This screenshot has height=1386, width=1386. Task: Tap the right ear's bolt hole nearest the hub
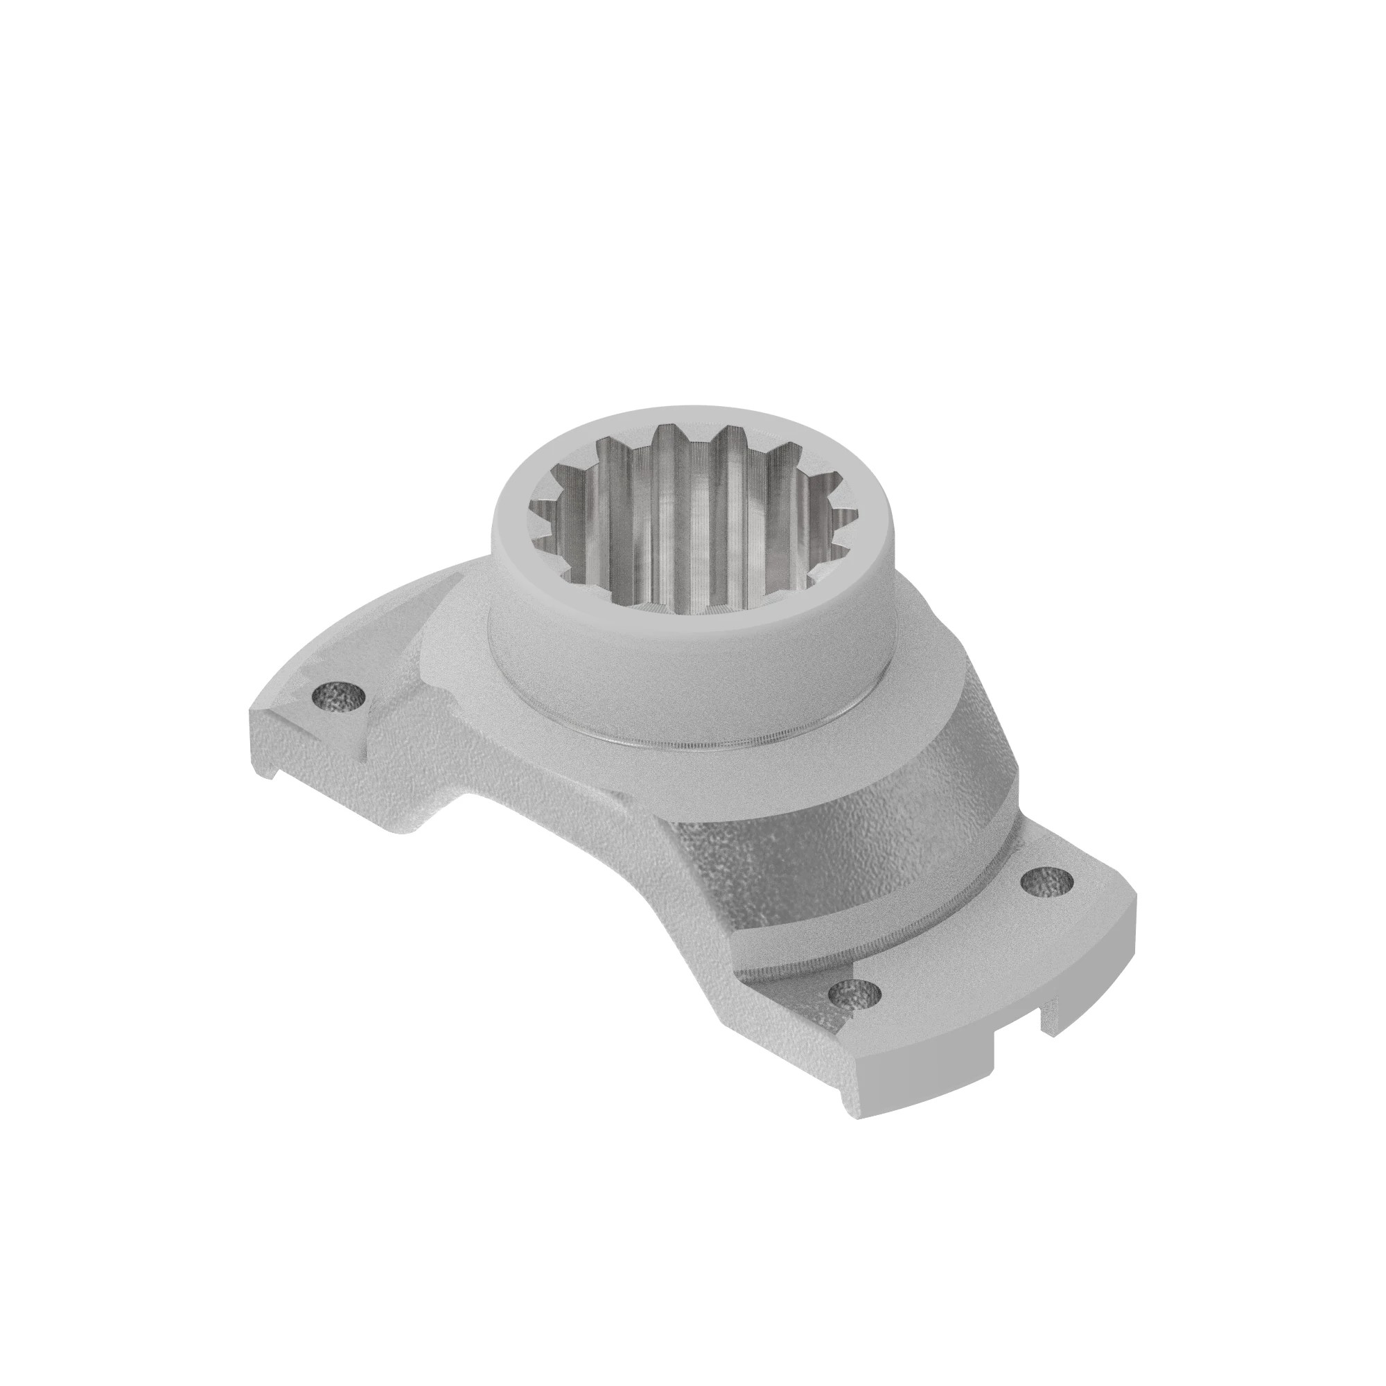pos(1046,883)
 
